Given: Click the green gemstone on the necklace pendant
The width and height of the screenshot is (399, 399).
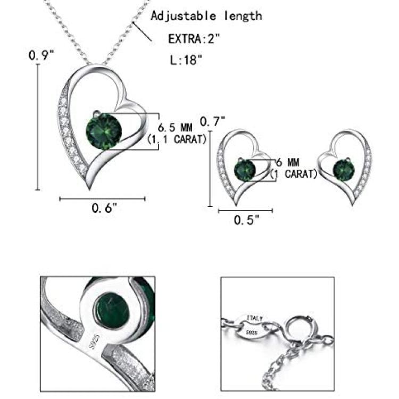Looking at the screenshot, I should (x=100, y=131).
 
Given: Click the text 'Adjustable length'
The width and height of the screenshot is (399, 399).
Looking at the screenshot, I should (x=206, y=16).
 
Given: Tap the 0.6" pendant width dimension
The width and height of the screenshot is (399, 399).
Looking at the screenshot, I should (x=104, y=208).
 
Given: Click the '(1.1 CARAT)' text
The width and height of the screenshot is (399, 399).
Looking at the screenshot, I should (x=177, y=140).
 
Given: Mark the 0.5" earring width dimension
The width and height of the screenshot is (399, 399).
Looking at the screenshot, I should (x=247, y=220).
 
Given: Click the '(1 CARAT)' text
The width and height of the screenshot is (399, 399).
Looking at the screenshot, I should (x=294, y=174).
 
